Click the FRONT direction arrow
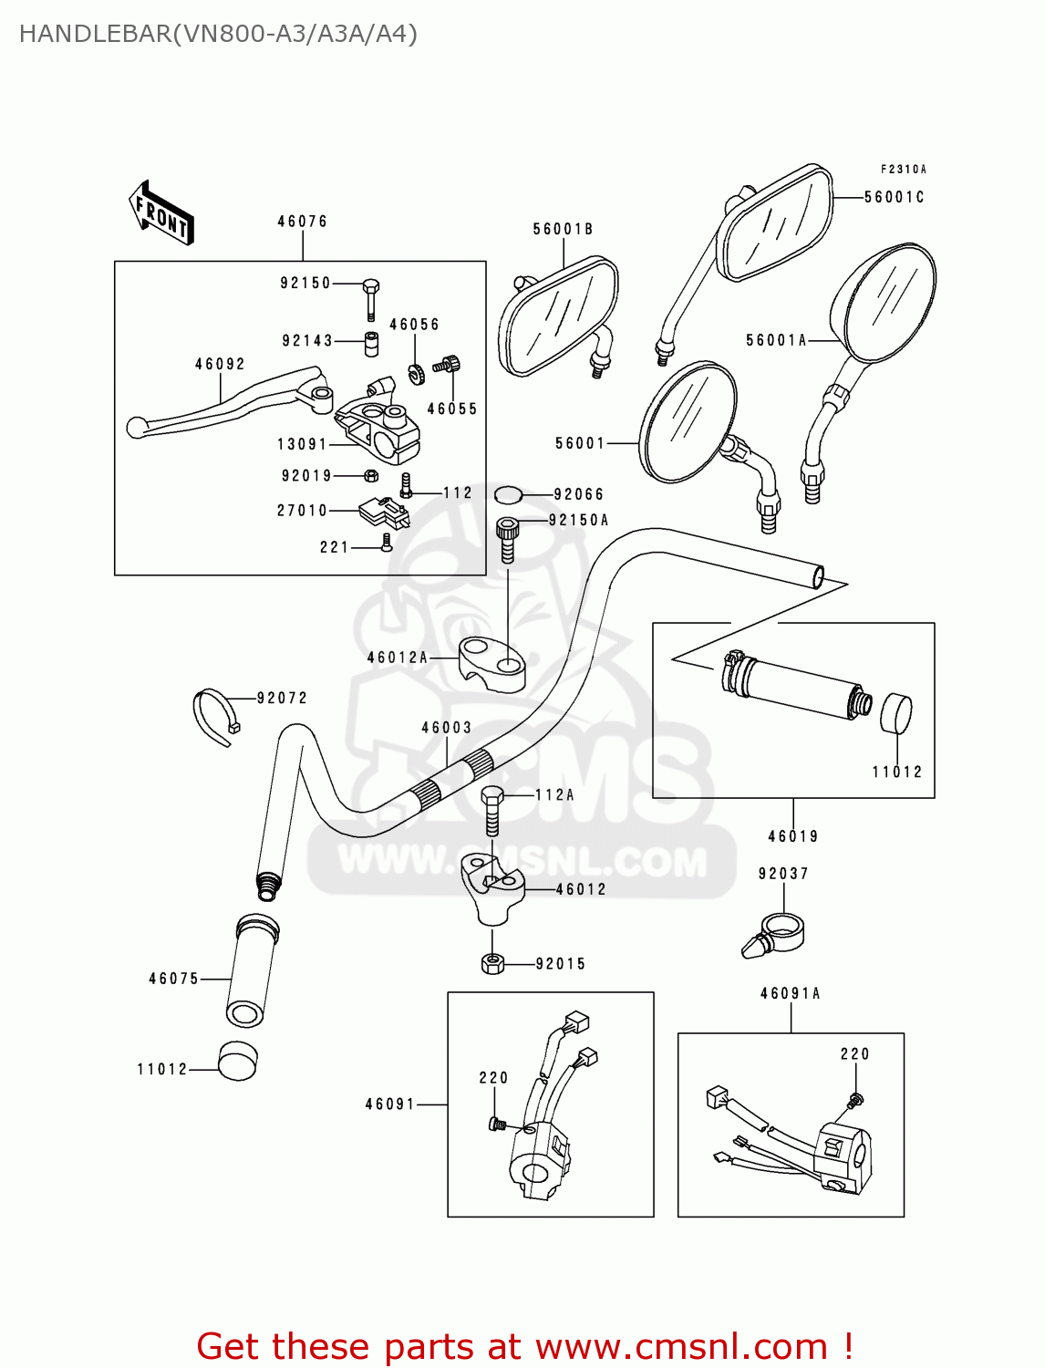point(162,214)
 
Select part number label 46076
point(302,222)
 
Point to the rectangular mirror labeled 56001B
point(559,316)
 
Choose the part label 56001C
point(894,197)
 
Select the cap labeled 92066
point(508,495)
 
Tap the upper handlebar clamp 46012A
point(491,662)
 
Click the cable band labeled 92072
point(215,715)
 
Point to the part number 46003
point(447,728)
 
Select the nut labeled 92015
point(492,963)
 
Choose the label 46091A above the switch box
point(791,993)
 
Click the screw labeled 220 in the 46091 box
point(498,1124)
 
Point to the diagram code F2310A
point(903,170)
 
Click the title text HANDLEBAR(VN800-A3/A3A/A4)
point(218,35)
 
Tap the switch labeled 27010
point(383,513)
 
